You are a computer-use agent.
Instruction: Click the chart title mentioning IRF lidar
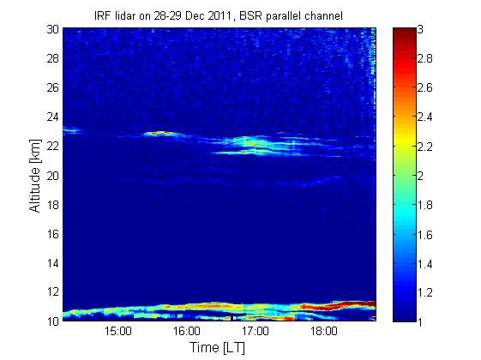219,15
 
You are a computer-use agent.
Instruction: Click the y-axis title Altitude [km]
35,176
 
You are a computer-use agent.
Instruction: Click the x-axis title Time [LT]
218,347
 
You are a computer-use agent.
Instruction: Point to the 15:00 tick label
118,331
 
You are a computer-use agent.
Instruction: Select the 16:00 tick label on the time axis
187,331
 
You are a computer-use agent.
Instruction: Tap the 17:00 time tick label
256,331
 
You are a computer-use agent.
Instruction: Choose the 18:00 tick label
324,331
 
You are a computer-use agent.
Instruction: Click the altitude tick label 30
53,29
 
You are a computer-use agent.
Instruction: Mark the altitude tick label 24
53,117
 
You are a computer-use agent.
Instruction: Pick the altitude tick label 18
53,205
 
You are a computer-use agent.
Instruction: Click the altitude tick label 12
53,291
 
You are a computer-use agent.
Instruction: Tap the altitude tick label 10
53,321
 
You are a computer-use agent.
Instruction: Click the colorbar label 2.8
425,58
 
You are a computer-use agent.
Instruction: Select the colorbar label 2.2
425,146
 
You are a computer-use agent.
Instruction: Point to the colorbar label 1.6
425,235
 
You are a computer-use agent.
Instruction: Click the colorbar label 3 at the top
420,29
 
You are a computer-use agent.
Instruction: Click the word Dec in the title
195,15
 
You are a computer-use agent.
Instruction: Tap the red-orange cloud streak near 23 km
159,133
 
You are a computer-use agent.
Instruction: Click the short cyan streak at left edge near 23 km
72,130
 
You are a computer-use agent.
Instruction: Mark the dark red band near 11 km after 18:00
352,304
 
